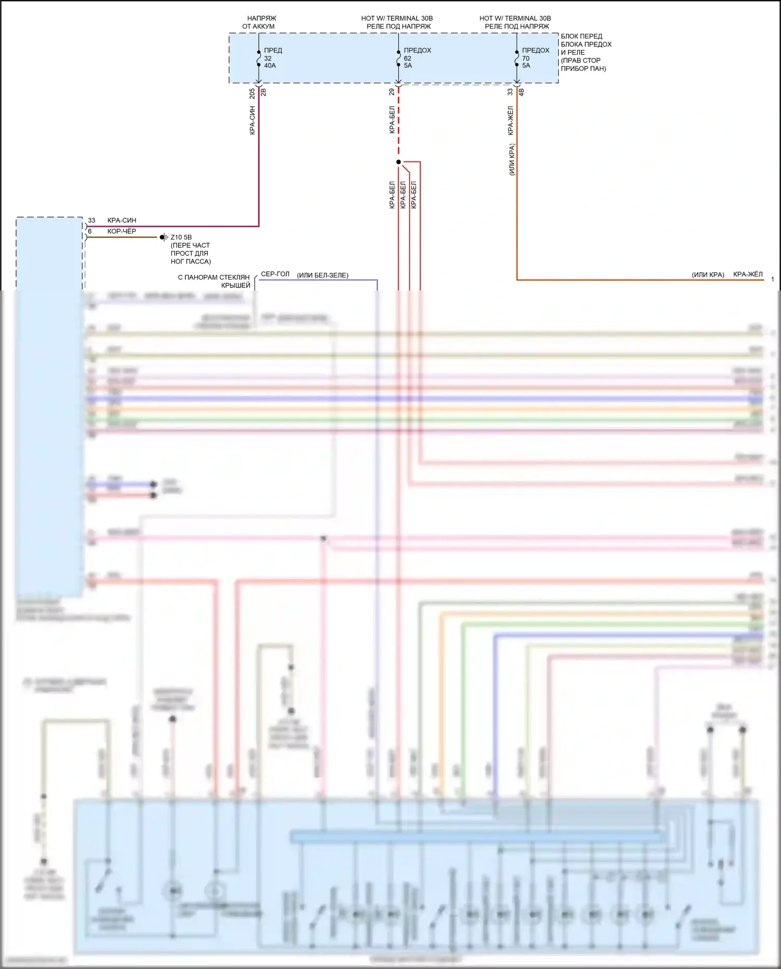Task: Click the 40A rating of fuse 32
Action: pos(270,66)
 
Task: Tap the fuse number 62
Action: pos(407,58)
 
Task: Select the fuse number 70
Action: pos(525,58)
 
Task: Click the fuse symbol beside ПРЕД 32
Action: pos(258,58)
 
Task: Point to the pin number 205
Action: pos(252,94)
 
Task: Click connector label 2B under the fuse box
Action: pos(263,92)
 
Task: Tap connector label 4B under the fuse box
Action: pos(521,92)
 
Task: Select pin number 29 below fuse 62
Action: pos(392,92)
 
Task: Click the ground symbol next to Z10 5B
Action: pos(163,237)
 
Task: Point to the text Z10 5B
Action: pos(181,237)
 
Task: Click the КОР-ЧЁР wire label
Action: pos(122,231)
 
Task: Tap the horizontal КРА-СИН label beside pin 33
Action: pos(122,220)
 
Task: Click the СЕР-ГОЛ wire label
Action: pos(275,274)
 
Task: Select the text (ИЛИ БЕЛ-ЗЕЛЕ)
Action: pos(323,275)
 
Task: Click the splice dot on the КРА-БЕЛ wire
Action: pos(398,162)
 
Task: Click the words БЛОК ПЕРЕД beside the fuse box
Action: pos(582,36)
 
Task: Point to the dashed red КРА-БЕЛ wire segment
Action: pos(398,125)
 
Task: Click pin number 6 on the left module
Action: pos(90,231)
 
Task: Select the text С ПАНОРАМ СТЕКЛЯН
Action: pos(214,278)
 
